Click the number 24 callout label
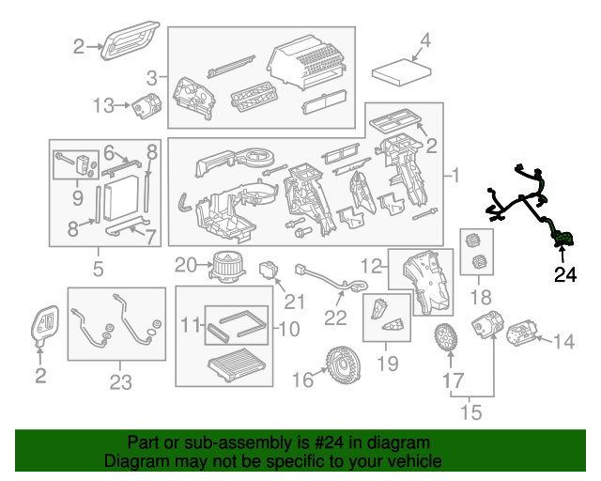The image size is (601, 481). coord(564,275)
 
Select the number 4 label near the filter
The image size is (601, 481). coord(424,40)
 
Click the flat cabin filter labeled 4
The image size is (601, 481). coord(403,70)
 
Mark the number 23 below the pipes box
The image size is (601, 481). coord(120,381)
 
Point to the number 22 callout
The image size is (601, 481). coord(336,318)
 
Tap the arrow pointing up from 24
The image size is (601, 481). coord(564,254)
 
